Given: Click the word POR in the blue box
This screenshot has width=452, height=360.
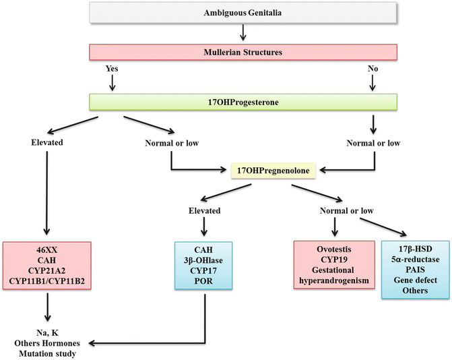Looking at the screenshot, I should pyautogui.click(x=203, y=279).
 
